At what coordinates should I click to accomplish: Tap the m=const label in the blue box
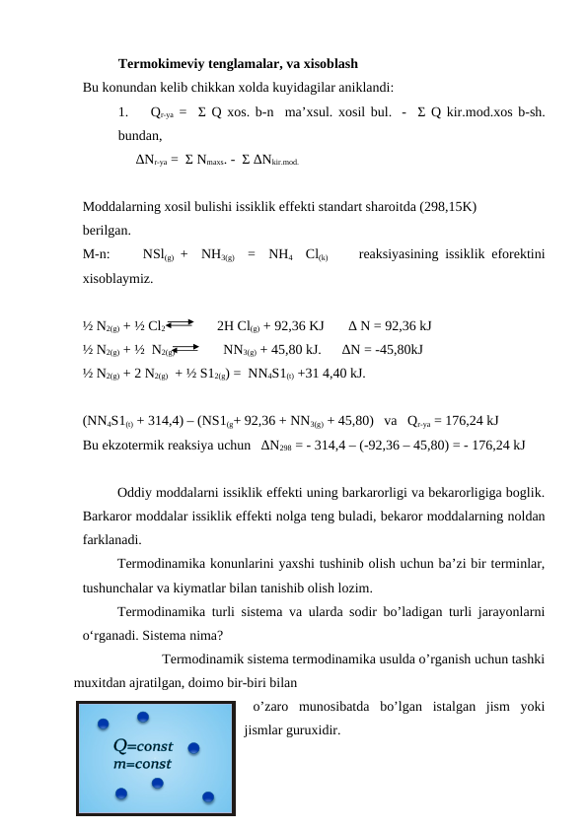pyautogui.click(x=141, y=762)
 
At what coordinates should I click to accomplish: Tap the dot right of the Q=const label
pyautogui.click(x=194, y=748)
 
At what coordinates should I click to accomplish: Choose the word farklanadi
pyautogui.click(x=111, y=539)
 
